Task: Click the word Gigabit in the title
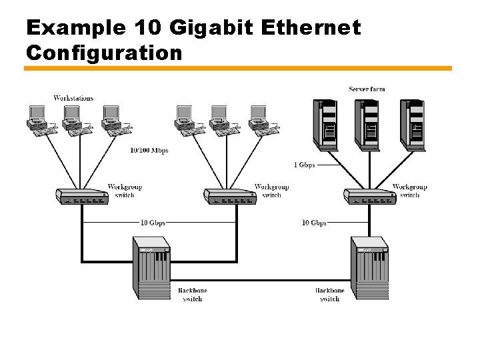(205, 28)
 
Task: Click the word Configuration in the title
(103, 52)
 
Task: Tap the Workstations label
(73, 98)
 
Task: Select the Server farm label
(367, 89)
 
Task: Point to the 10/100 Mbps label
(149, 150)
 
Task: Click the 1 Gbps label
(304, 164)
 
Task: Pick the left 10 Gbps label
(153, 222)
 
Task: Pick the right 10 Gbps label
(314, 222)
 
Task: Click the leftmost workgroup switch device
(82, 196)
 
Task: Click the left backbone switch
(151, 267)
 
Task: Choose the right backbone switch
(369, 267)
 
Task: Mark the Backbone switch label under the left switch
(192, 295)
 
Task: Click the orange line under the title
(238, 68)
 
